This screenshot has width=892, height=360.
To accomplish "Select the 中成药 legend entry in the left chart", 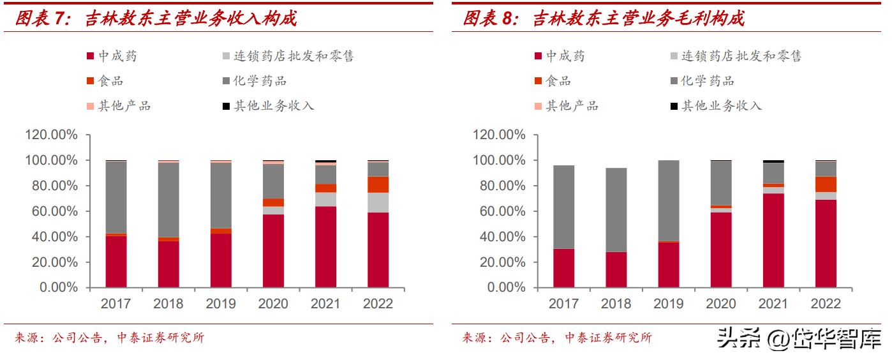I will [x=117, y=56].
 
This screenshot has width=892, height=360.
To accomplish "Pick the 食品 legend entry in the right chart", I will [x=558, y=81].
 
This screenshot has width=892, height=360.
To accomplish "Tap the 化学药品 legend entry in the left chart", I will [x=260, y=81].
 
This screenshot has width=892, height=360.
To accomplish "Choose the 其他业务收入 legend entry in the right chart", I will [x=721, y=106].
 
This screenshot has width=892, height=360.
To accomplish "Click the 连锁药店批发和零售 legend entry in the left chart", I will [x=294, y=56].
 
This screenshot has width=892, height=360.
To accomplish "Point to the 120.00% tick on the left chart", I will [x=51, y=135].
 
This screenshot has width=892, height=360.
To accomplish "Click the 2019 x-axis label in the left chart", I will [x=221, y=304].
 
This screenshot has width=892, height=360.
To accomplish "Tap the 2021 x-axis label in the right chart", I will [x=773, y=304].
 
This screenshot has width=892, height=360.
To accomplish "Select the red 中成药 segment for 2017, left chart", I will [x=116, y=262].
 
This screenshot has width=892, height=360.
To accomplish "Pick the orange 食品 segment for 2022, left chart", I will [x=378, y=184].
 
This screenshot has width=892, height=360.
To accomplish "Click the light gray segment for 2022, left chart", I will [x=378, y=202].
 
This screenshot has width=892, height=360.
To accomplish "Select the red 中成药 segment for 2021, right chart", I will [x=773, y=240].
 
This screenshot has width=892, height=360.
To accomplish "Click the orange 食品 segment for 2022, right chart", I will [x=826, y=184].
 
